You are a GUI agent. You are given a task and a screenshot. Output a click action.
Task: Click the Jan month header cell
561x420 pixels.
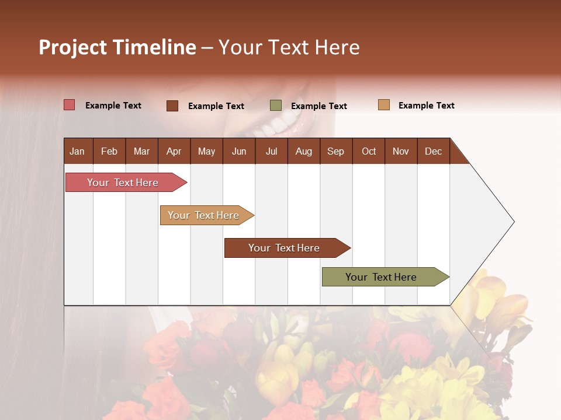tap(78, 151)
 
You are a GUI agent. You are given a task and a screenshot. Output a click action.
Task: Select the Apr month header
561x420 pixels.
tap(174, 151)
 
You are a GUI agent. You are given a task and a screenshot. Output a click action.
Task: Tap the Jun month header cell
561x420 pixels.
tap(239, 151)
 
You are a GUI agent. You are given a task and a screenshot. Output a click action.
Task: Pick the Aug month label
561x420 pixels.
tap(303, 151)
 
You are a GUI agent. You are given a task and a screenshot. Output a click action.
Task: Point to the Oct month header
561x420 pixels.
tap(369, 151)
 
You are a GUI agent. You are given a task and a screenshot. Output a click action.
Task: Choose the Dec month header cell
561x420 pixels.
tap(433, 151)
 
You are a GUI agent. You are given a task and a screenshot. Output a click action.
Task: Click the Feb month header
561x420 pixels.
tap(109, 151)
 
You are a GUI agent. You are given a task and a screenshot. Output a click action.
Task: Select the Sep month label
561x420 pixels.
tap(335, 151)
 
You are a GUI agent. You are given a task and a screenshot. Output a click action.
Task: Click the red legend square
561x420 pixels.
tap(70, 105)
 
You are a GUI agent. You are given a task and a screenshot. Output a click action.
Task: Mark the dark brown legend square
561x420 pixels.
tap(172, 106)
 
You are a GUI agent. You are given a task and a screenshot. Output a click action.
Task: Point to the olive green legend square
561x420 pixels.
tap(276, 106)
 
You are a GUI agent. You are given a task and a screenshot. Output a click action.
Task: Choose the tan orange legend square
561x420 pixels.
tap(383, 105)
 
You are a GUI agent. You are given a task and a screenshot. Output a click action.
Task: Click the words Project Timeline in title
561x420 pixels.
tap(117, 47)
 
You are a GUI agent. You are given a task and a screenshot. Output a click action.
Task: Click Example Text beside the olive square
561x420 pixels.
tap(318, 106)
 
